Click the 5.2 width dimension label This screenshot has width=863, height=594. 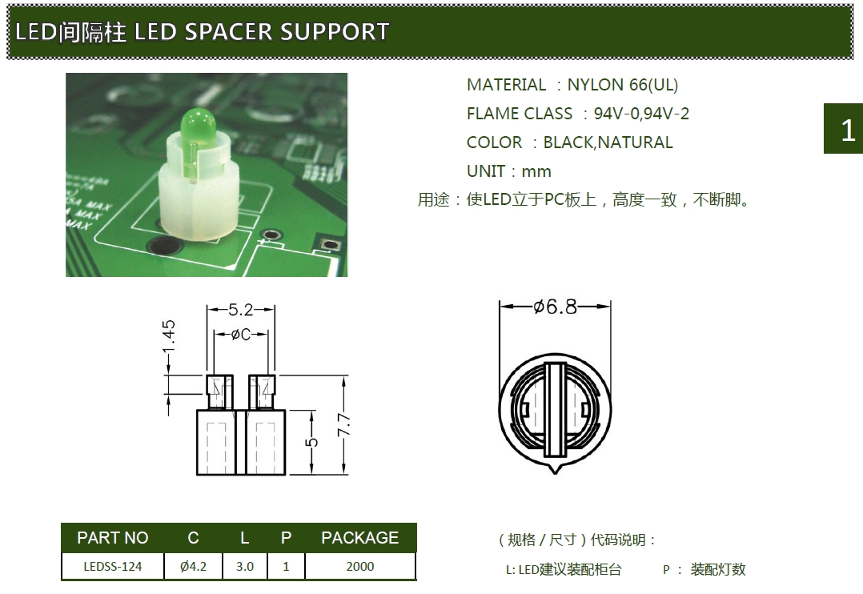(x=241, y=309)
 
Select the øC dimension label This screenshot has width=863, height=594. (x=241, y=335)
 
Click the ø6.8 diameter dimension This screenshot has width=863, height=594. (x=555, y=307)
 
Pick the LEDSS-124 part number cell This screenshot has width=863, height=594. (x=113, y=566)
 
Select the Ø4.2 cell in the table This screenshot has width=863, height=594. (x=193, y=566)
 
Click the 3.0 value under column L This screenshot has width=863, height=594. (x=245, y=566)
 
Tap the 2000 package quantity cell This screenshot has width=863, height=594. (x=359, y=566)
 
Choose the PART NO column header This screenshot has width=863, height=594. (x=113, y=538)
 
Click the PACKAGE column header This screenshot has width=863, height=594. (x=359, y=538)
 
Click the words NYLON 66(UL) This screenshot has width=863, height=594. (x=622, y=85)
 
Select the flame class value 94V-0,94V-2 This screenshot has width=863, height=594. (x=641, y=114)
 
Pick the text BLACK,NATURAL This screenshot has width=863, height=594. (x=608, y=142)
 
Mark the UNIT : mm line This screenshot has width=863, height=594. (x=508, y=171)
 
